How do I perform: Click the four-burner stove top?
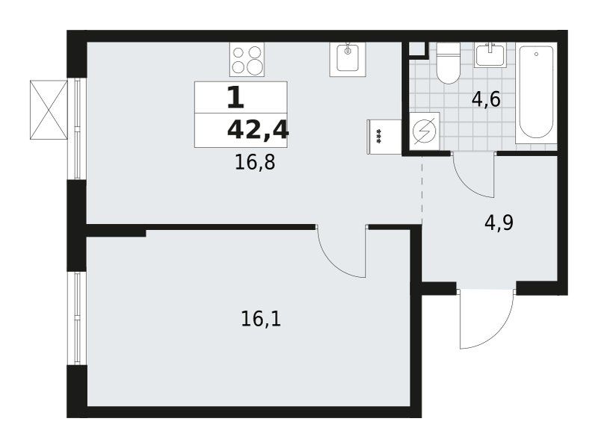click(247, 59)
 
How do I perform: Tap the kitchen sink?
click(348, 59)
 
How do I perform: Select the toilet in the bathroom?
click(448, 63)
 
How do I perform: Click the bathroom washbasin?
click(490, 55)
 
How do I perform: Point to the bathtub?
click(536, 93)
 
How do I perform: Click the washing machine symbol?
click(424, 131)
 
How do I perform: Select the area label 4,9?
click(499, 223)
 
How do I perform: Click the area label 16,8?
click(255, 163)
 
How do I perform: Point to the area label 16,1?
click(261, 319)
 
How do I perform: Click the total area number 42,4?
click(258, 130)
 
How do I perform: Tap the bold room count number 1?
click(235, 97)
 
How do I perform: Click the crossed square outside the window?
click(49, 110)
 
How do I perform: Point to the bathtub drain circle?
click(536, 55)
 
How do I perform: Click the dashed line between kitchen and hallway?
click(422, 190)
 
